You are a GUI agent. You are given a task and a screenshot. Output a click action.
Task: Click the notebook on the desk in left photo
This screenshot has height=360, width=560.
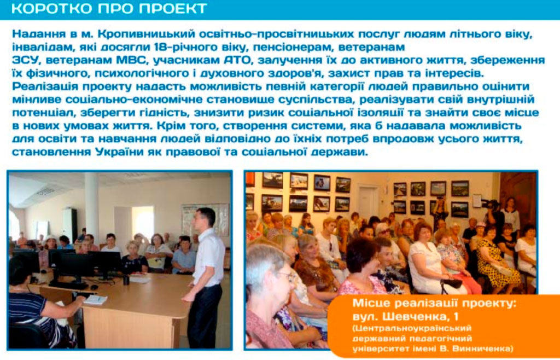(95, 299)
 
